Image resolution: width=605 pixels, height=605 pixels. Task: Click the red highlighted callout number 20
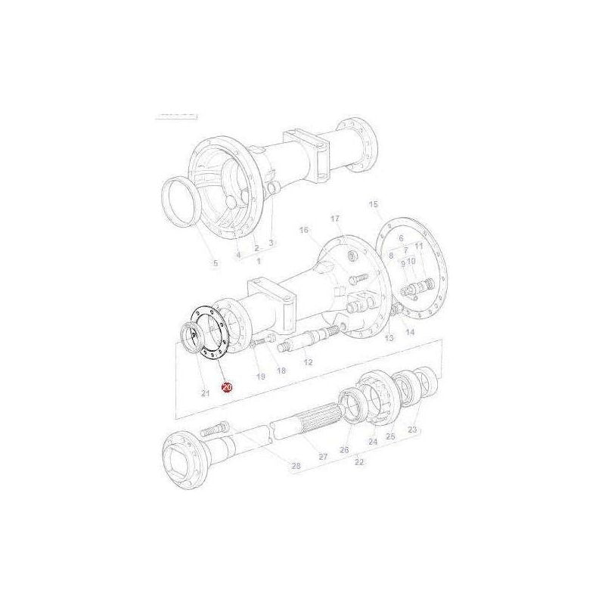[226, 387]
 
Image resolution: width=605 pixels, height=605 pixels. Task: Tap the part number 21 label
[205, 392]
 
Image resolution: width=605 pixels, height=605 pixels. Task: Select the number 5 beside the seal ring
[214, 263]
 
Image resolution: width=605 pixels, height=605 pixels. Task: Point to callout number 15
[373, 205]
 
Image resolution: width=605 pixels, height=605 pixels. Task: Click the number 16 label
[304, 230]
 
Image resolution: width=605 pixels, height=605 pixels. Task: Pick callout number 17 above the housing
[335, 219]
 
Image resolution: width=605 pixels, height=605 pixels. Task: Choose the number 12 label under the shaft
[308, 363]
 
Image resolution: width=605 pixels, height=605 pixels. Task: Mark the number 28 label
[296, 466]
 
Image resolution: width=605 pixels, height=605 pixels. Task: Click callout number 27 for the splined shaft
[322, 456]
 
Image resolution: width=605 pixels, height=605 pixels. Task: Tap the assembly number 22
[359, 461]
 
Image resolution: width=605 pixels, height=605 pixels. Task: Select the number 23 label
[412, 430]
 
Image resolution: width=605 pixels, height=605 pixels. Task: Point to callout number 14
[409, 332]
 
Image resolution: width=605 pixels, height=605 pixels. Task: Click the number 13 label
[389, 338]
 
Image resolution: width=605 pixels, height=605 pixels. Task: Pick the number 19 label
[260, 376]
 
